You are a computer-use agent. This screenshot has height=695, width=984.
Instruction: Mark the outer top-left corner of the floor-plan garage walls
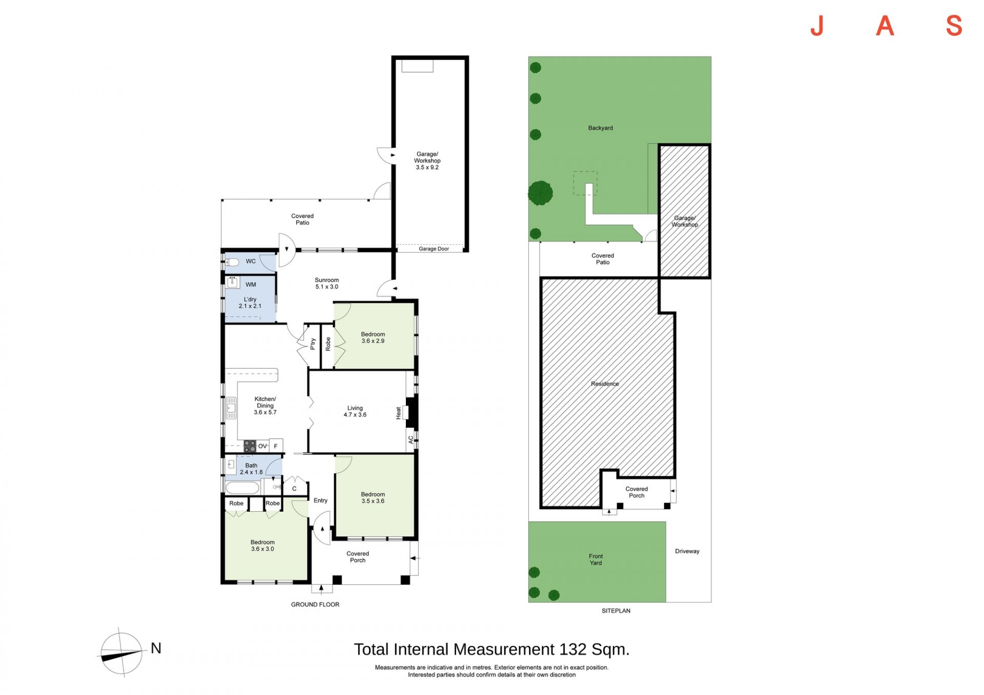point(392,56)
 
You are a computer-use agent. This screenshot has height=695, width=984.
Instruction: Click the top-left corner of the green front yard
point(529,522)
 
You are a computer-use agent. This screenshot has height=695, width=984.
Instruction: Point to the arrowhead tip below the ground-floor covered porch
point(321,586)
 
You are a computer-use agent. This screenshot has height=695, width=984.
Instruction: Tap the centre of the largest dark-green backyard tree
point(541,193)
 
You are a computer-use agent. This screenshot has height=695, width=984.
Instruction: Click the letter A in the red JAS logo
point(885,26)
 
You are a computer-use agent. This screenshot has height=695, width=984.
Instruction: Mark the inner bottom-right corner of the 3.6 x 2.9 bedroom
point(414,368)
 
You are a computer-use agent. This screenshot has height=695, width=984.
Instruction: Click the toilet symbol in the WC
point(232,262)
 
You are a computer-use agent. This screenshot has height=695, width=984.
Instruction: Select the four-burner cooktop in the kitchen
point(250,446)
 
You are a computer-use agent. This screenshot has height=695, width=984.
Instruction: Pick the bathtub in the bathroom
point(242,487)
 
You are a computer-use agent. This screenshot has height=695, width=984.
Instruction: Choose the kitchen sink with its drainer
point(231,408)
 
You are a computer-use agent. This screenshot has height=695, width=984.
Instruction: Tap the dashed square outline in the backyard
point(585,183)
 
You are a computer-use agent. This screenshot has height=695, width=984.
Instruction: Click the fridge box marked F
point(276,446)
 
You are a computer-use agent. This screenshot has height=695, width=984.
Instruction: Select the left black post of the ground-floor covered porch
point(337,580)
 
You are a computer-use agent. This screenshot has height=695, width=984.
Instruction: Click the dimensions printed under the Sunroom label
point(326,287)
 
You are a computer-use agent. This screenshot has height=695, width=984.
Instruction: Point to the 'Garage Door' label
point(434,249)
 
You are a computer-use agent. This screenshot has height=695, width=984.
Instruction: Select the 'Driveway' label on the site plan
point(687,551)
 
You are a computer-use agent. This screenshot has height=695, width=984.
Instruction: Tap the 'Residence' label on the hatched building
point(605,384)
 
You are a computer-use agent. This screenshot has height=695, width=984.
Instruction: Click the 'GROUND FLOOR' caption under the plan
point(315,604)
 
